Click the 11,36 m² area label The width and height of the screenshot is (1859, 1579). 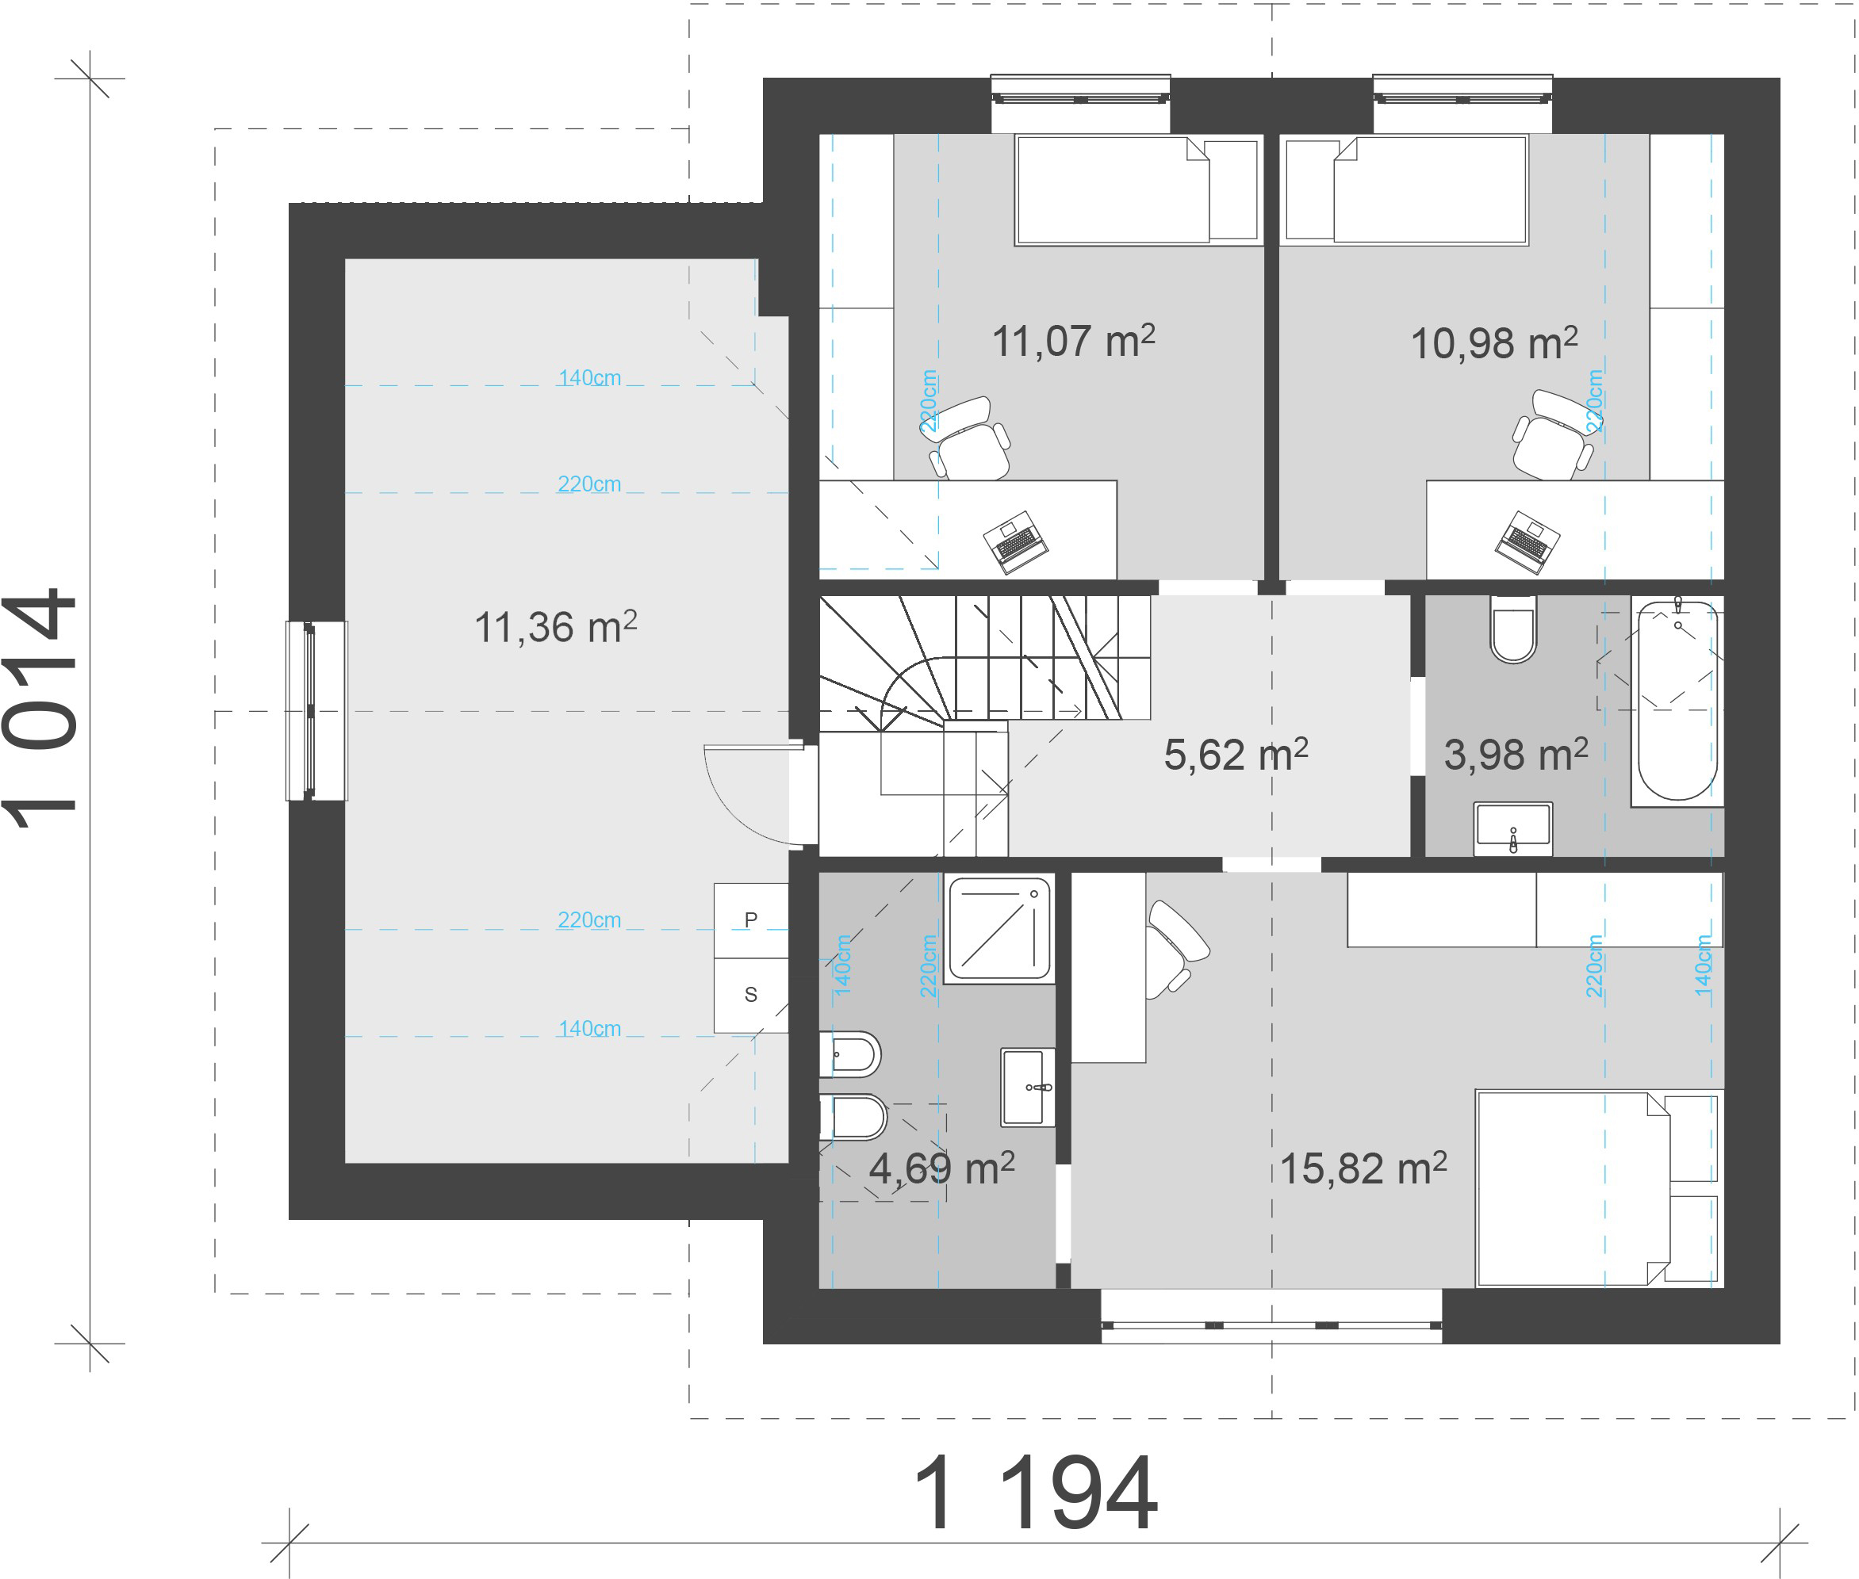click(555, 626)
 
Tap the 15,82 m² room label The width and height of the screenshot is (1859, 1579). click(1363, 1168)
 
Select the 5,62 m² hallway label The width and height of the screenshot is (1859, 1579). click(1236, 755)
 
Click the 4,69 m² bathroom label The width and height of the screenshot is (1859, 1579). click(942, 1168)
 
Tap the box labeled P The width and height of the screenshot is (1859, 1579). click(750, 920)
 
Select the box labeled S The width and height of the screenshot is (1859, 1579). click(750, 996)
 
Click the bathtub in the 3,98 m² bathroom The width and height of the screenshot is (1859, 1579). click(1677, 702)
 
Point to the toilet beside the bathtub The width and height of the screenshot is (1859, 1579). click(1513, 629)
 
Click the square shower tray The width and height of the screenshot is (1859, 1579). click(999, 929)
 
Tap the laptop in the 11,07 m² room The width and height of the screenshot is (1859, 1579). click(1015, 541)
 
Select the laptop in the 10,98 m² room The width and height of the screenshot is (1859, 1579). click(1527, 541)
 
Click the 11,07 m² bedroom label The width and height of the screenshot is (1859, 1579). click(1074, 341)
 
